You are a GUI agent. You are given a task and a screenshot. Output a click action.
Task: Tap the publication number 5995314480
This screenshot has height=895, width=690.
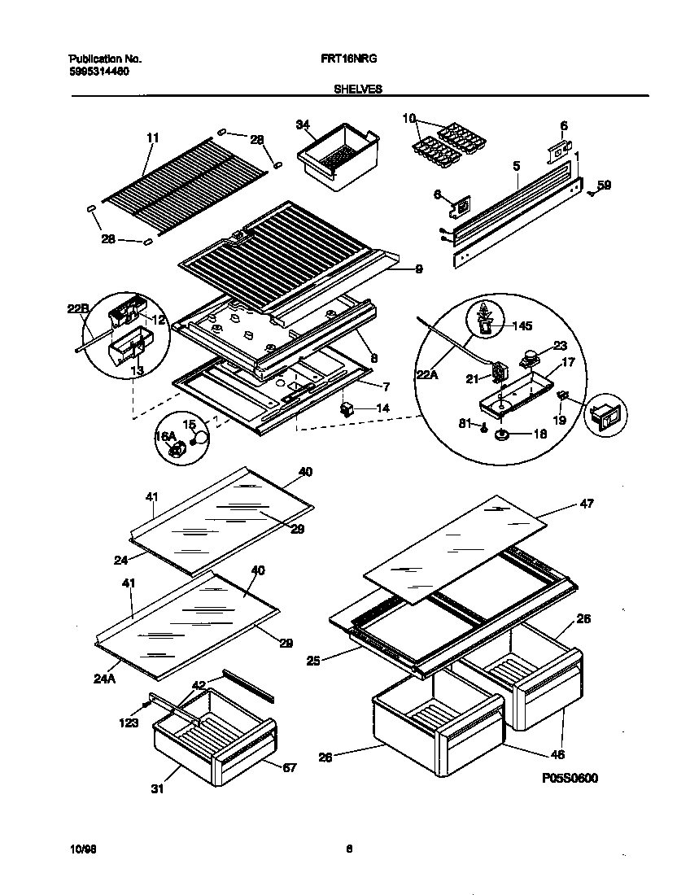coord(98,72)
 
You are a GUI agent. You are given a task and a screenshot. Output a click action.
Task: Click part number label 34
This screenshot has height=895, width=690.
coord(303,124)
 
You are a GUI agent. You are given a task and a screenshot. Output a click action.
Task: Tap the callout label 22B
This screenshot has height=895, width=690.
coord(76,309)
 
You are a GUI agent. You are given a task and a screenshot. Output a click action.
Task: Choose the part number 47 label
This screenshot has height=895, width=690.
coord(586,504)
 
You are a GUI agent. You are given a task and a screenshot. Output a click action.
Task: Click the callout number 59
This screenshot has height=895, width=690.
coord(603,186)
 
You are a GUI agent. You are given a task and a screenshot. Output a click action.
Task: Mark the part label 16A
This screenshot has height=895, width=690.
coord(165,437)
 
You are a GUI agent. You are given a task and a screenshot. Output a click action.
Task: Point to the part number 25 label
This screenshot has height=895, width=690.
coord(313,660)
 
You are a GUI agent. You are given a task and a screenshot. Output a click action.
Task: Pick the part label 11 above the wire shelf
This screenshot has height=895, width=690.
coord(152,138)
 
